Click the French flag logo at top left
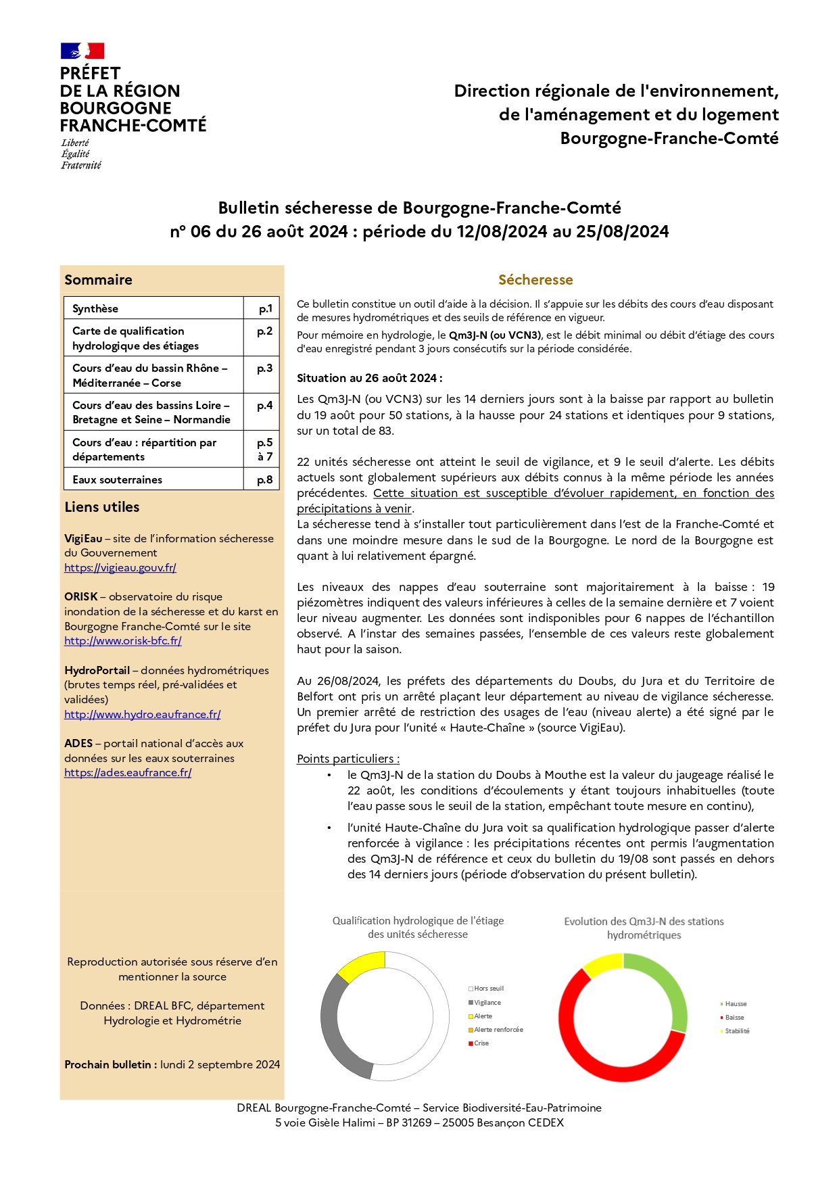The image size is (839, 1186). [82, 51]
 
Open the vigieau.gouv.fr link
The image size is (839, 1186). [120, 568]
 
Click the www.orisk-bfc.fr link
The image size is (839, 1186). [123, 641]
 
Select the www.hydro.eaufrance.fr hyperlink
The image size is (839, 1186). [143, 715]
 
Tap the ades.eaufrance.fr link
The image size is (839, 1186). [128, 773]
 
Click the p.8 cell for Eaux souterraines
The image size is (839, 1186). [264, 479]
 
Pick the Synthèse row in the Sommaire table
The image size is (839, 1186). [95, 308]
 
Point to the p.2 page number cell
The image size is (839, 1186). [264, 331]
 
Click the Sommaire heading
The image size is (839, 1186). [99, 280]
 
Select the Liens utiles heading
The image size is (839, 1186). [102, 507]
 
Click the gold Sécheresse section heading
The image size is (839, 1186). [535, 280]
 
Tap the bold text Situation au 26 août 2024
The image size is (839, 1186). [369, 378]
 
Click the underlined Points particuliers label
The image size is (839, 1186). [348, 759]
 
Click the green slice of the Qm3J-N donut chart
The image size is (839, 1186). [666, 980]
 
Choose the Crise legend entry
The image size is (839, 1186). [481, 1043]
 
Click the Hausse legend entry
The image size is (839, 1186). [736, 1004]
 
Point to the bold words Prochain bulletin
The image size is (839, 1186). [107, 1064]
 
